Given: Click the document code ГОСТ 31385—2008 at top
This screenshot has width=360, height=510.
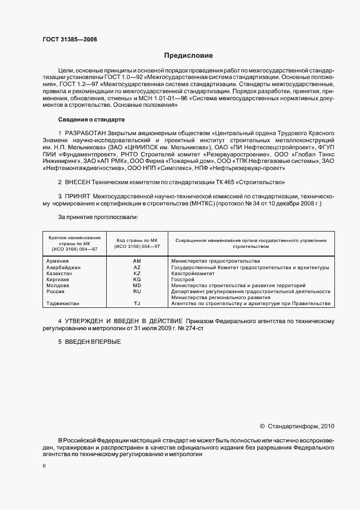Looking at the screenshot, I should (69, 39).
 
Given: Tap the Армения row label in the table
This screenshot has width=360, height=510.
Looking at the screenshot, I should (58, 261).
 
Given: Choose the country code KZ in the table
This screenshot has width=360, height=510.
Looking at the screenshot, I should (137, 273).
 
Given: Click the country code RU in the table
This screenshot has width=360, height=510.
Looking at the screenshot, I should (137, 292).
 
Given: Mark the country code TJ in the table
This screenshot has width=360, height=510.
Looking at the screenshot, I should (137, 303).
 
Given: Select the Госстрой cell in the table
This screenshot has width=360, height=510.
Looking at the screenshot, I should (182, 279).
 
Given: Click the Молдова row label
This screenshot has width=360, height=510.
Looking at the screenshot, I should (58, 285).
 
